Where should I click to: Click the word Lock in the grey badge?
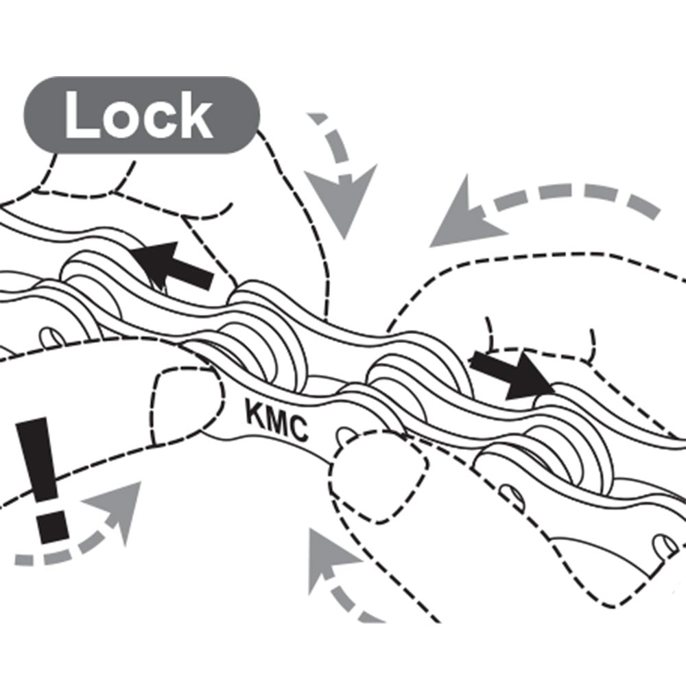click(x=139, y=115)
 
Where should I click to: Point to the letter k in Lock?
click(x=195, y=115)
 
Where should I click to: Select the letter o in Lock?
click(x=121, y=120)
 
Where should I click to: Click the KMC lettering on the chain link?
click(x=276, y=418)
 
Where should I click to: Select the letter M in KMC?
click(x=276, y=420)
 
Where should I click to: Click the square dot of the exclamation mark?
click(x=53, y=527)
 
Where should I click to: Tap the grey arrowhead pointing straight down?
click(x=341, y=199)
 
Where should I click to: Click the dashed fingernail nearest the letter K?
click(x=188, y=405)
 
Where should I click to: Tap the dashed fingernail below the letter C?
click(x=379, y=475)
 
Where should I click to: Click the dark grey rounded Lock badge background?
click(x=141, y=115)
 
